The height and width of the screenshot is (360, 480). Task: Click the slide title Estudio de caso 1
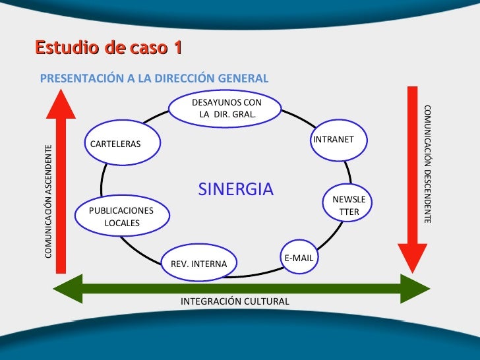109,48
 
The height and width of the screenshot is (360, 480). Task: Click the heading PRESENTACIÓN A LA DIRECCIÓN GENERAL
154,78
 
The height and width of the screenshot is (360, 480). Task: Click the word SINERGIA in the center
235,190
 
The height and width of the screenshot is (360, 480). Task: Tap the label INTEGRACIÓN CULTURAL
235,301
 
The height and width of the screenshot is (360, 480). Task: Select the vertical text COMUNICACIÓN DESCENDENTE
427,164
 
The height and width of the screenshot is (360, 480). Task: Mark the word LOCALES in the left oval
122,223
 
